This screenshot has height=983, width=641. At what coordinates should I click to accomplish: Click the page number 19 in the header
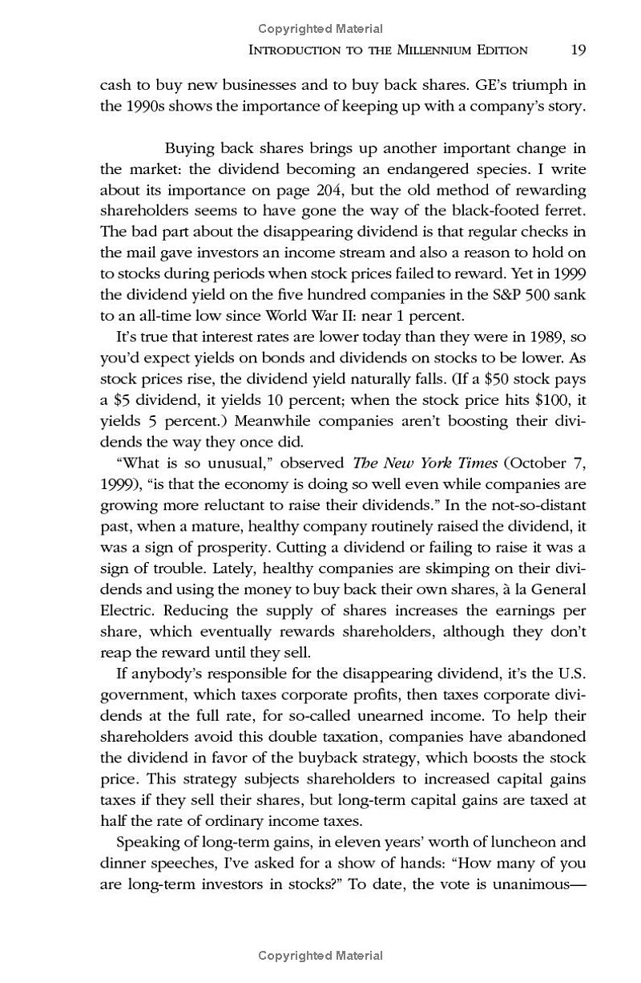point(579,50)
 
